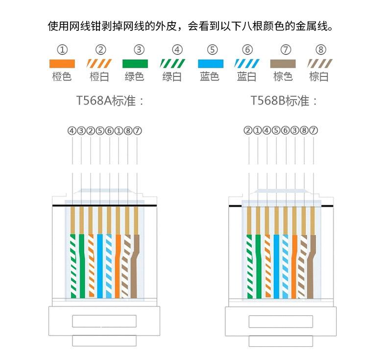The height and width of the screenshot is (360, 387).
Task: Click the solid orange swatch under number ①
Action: coord(62,63)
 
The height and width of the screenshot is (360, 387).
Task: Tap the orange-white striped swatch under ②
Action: coord(99,63)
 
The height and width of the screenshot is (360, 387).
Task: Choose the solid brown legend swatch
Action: coord(284,63)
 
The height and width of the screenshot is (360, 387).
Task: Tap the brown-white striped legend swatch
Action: coord(320,63)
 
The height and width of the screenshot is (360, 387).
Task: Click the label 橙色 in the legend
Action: coord(62,77)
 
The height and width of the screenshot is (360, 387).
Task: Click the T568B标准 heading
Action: coord(284,102)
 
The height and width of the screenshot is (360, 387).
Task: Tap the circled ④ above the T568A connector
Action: coord(72,131)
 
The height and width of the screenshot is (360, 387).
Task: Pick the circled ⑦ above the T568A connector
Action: coord(138,131)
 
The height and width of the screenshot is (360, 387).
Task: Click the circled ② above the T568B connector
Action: coord(248,131)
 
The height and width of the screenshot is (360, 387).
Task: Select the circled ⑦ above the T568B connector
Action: coord(314,131)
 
